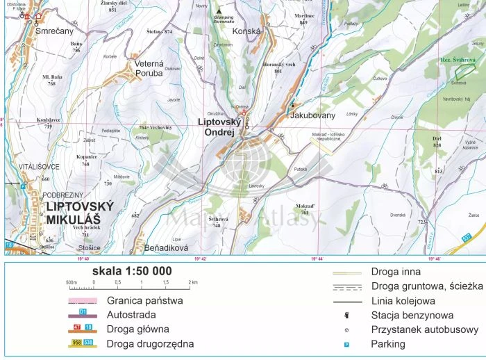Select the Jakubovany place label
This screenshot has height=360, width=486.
tap(312, 115)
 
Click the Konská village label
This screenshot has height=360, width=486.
tap(246, 31)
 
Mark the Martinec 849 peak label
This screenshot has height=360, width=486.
tap(304, 18)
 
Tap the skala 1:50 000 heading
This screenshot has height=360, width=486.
tap(122, 271)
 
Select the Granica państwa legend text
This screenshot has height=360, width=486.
tap(144, 301)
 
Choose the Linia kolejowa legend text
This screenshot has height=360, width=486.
tap(403, 301)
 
